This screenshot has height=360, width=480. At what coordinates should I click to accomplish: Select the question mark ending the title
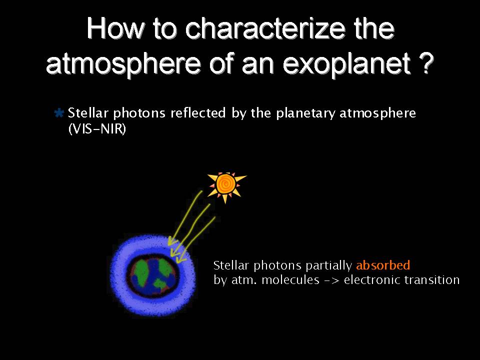coord(426,63)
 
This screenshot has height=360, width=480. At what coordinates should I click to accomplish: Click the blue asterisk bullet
coord(59,113)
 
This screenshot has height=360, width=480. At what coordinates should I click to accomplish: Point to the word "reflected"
coord(198,112)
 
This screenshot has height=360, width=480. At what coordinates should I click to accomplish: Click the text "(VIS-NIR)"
coord(97,128)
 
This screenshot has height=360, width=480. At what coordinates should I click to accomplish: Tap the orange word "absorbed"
coord(383,265)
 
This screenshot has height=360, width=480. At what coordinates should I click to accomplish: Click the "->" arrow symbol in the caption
coord(331,280)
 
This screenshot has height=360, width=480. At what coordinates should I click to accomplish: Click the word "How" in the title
coord(115,28)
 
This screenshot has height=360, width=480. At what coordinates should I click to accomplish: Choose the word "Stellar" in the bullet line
coord(88,112)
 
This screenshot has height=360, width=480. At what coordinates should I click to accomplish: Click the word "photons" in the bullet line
coord(139,113)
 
